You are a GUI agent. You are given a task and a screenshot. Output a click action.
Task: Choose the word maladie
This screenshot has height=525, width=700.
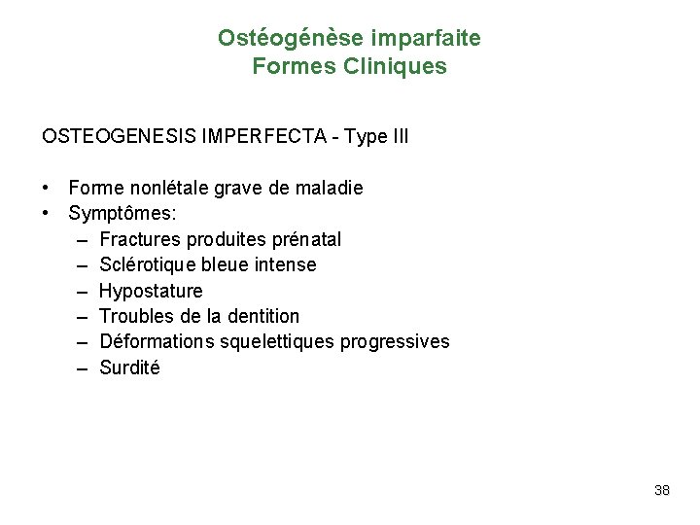tap(329, 188)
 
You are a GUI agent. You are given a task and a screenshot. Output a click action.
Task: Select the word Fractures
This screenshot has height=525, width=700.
tap(139, 239)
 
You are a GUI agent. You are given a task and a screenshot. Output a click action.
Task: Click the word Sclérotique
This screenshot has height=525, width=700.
tap(148, 264)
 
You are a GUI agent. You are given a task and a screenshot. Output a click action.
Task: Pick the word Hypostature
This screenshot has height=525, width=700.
tap(151, 291)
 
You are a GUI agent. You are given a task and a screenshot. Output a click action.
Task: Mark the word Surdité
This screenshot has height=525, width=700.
tap(129, 367)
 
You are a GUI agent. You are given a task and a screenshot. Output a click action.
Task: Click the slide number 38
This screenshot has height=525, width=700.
tap(662, 490)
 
